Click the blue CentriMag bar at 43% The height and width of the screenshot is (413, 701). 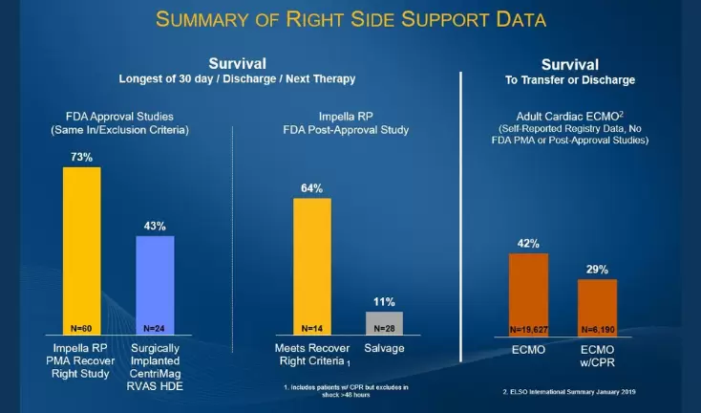pyautogui.click(x=155, y=282)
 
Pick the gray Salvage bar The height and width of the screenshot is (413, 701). pyautogui.click(x=384, y=321)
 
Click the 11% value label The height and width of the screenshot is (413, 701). pyautogui.click(x=384, y=301)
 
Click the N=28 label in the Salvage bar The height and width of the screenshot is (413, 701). pyautogui.click(x=384, y=327)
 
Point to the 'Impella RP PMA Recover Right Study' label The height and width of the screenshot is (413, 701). pyautogui.click(x=87, y=359)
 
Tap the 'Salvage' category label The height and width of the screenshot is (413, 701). pyautogui.click(x=384, y=347)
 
